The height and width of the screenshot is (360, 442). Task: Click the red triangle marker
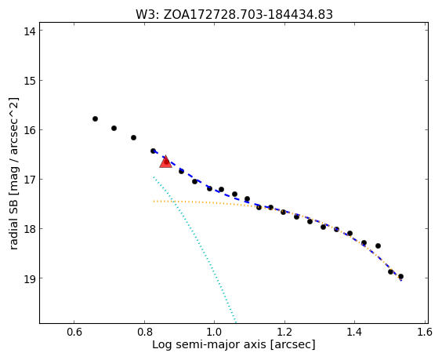[x=166, y=162]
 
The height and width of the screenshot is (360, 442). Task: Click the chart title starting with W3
[x=234, y=14]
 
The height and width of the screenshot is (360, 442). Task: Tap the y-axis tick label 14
[x=30, y=31]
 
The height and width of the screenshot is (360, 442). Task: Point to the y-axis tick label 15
[x=30, y=81]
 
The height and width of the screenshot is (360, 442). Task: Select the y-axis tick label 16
[x=30, y=129]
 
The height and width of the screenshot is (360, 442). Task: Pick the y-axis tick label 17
[x=30, y=179]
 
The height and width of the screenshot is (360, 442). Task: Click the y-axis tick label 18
[x=30, y=228]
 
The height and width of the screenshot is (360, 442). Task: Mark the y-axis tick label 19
[x=30, y=278]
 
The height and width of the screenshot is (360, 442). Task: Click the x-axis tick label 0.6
[x=74, y=332]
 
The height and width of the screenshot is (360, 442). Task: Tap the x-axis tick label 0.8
[x=144, y=332]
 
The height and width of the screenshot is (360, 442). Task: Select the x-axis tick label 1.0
[x=215, y=332]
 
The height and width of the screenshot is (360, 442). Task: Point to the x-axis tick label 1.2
[x=284, y=332]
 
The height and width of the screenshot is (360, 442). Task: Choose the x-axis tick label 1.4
[x=354, y=332]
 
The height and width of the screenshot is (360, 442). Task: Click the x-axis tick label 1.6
[x=425, y=332]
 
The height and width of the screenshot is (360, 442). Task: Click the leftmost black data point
[x=96, y=118]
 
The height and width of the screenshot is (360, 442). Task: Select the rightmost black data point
[x=400, y=277]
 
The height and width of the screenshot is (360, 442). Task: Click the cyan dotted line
[x=194, y=249]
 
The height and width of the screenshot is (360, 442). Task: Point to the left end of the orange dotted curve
[x=154, y=201]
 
